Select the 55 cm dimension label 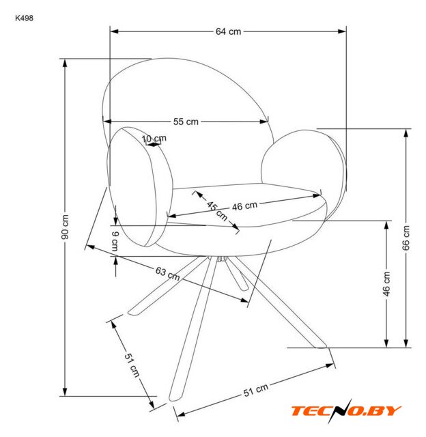click(186, 122)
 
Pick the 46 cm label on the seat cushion click(244, 206)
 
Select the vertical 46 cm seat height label click(386, 283)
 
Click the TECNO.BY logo click(346, 410)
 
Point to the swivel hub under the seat click(221, 259)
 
